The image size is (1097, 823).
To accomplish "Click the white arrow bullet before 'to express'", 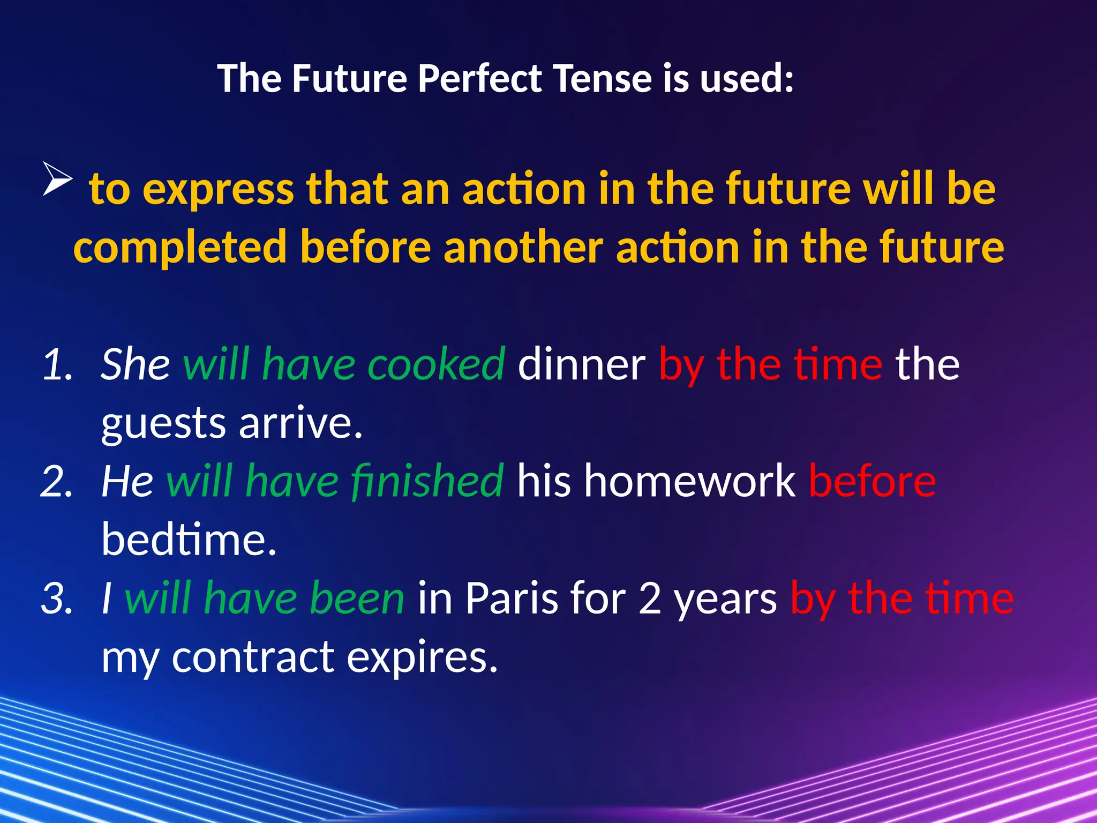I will point(57,179).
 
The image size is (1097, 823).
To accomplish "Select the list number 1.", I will point(57,364).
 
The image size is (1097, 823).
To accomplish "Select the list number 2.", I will point(57,481).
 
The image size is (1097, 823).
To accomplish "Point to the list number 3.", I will point(57,598).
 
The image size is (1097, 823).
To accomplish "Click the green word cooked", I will point(436,364).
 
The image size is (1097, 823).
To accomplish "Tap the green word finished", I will point(427,481).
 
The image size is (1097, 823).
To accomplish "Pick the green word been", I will point(357,598).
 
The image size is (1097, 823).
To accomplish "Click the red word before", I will point(872,481).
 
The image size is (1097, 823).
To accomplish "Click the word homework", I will point(689,481).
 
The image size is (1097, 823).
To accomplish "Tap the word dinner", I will point(582,364).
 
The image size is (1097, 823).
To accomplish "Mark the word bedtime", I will point(189,540).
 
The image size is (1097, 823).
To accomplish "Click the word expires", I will point(422,658).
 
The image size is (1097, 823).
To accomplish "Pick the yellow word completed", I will point(180,248).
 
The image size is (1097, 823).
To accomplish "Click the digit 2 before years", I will point(650,598).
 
